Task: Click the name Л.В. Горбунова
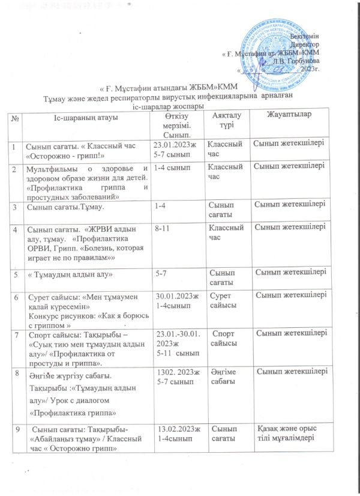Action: [x=297, y=61]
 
